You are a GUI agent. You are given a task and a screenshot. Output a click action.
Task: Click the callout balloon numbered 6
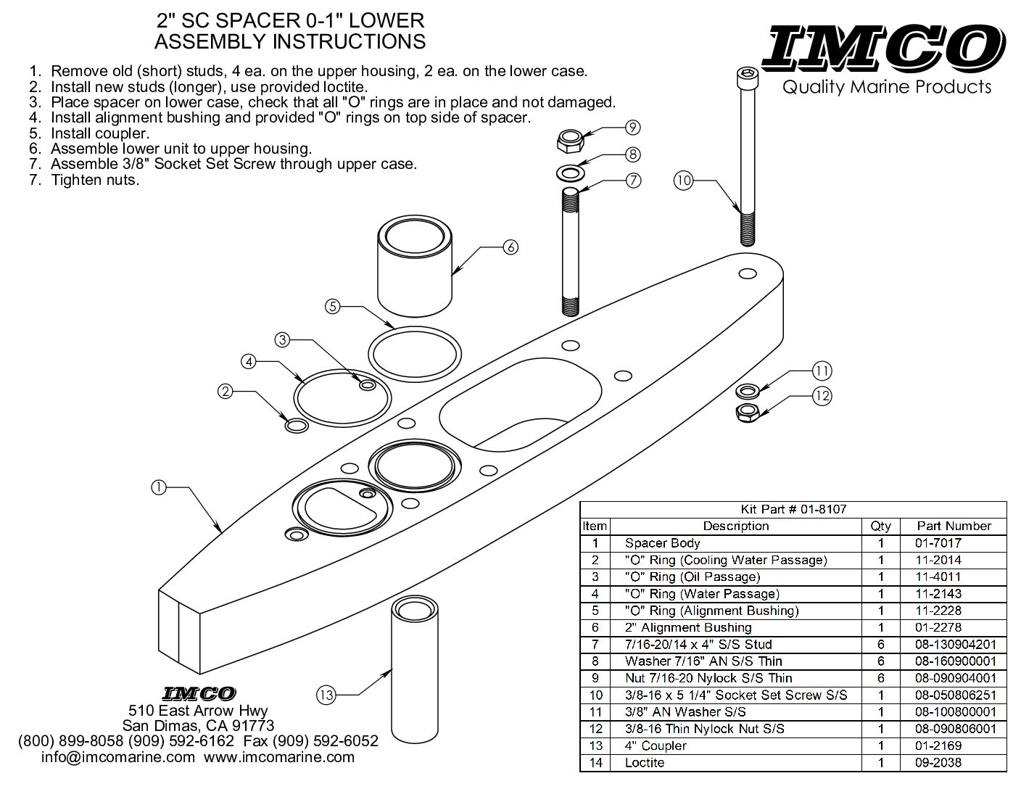(x=510, y=247)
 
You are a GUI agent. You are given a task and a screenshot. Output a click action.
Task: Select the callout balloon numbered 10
(x=683, y=179)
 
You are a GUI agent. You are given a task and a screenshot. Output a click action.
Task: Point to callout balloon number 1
(x=158, y=487)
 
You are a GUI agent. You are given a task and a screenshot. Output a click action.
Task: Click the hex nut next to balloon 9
(x=571, y=139)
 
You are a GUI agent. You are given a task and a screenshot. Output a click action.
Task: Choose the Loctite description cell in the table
(x=645, y=763)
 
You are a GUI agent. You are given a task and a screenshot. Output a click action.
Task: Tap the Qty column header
(x=880, y=526)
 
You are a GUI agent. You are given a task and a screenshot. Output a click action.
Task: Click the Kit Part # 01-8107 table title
(x=793, y=509)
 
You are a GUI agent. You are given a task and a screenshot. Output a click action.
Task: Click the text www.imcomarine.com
(x=279, y=757)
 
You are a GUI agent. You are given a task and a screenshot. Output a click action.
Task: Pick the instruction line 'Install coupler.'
(x=100, y=133)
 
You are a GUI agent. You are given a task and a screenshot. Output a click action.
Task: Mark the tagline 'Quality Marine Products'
(x=886, y=88)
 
